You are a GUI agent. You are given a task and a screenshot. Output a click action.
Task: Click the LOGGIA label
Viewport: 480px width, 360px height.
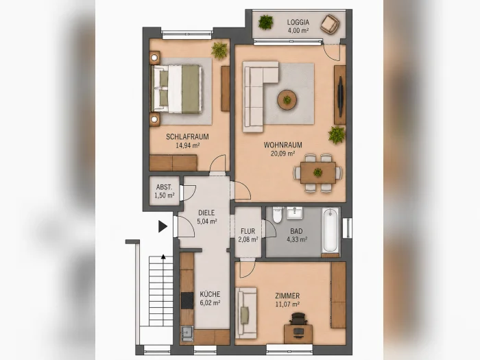(298, 23)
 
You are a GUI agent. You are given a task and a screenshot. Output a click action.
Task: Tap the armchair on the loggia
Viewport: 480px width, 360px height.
(330, 23)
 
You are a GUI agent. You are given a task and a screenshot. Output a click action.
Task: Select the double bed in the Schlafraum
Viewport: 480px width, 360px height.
(177, 88)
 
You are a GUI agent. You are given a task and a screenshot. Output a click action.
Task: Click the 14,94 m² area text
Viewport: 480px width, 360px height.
(187, 145)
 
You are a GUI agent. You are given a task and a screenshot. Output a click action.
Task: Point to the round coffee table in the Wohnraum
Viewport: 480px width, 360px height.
(287, 100)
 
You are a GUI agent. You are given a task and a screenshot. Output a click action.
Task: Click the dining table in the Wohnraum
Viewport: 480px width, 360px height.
(318, 173)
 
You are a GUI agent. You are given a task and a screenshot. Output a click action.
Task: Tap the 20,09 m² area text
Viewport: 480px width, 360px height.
(283, 154)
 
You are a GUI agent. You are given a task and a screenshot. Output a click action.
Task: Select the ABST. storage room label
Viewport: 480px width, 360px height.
(164, 187)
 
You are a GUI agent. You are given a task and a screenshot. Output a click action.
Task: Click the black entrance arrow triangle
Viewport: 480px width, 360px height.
(163, 226)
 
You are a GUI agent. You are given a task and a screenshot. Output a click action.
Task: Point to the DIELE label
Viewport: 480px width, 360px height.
(206, 213)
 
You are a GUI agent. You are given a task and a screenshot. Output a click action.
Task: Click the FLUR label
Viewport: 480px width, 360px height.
(248, 231)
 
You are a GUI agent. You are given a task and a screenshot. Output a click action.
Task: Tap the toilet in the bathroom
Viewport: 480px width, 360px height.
(278, 215)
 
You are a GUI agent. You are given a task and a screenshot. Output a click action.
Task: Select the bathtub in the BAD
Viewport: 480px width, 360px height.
(331, 232)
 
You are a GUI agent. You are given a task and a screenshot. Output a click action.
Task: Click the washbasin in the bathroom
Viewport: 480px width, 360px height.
(294, 213)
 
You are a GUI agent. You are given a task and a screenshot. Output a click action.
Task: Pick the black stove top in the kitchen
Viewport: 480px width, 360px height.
(187, 300)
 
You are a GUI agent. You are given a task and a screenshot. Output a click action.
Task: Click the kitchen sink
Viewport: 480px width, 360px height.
(187, 333)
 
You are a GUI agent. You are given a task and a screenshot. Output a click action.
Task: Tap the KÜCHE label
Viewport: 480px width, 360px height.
(210, 294)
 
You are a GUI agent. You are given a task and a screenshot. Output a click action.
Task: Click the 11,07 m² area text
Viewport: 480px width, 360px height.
(287, 304)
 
